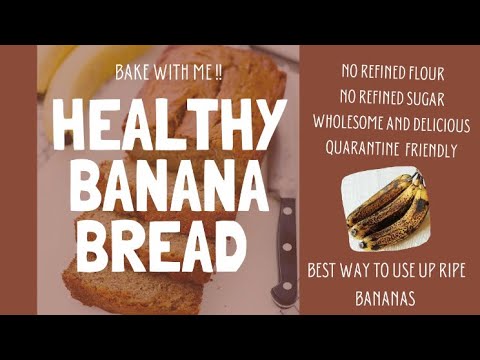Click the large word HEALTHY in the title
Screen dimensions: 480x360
tap(169, 124)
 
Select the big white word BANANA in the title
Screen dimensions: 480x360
tap(169, 185)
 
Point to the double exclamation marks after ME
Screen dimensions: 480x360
tap(218, 73)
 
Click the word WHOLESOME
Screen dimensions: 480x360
tap(348, 123)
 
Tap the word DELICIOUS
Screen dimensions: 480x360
tap(442, 124)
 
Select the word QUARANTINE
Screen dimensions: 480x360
tap(362, 149)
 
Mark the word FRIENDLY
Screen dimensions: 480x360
tap(431, 150)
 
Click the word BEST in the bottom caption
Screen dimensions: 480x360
tap(321, 270)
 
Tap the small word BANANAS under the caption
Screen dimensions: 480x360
tap(385, 298)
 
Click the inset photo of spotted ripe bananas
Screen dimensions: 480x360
tap(386, 209)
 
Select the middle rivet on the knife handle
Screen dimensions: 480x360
tap(287, 247)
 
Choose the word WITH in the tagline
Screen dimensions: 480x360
tap(169, 73)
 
